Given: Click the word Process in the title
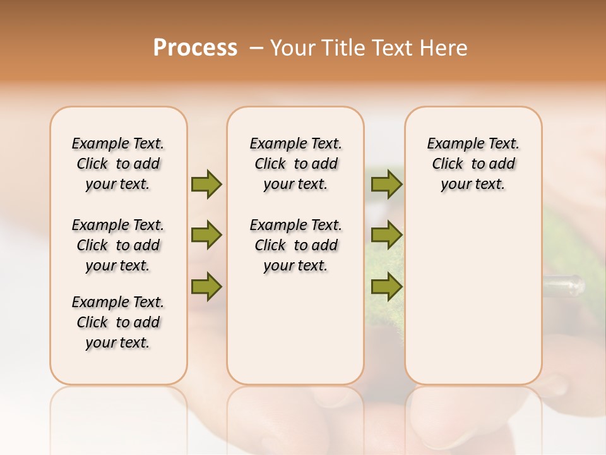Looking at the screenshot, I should [x=195, y=47].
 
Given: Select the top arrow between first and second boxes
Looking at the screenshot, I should [x=206, y=184].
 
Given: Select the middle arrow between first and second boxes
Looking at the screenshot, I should [x=206, y=235].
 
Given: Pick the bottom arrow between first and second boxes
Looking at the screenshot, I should [x=206, y=287].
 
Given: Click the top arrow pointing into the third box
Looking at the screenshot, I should [x=386, y=184].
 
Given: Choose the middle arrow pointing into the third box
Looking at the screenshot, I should [x=386, y=235].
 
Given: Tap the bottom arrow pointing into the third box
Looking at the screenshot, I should [x=386, y=287].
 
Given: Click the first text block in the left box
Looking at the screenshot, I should [x=118, y=164].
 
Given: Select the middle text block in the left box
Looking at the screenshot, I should [x=118, y=245].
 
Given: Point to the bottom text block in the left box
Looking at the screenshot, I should [x=118, y=322].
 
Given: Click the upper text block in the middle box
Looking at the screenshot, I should [x=295, y=164].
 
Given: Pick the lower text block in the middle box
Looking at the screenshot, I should [x=295, y=245].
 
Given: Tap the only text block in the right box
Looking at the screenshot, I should [x=473, y=164].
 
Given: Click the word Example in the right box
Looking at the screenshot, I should [x=449, y=144].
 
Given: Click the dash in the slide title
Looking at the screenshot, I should [x=256, y=48].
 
